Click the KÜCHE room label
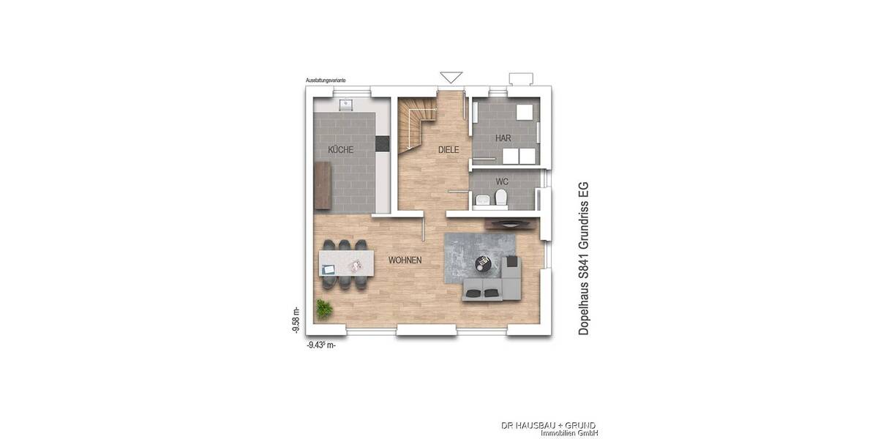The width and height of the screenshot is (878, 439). click(340, 150)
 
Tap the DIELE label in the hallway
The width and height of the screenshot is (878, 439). click(449, 150)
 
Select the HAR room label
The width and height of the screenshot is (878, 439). click(503, 138)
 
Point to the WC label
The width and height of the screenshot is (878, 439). click(502, 181)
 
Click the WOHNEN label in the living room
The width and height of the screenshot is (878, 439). click(405, 260)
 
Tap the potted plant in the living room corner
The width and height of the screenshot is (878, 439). click(323, 309)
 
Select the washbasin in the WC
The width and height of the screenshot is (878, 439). click(481, 200)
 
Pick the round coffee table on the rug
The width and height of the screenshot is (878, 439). click(484, 261)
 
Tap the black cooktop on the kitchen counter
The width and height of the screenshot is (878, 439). click(382, 144)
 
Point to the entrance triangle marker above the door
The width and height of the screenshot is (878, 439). click(451, 77)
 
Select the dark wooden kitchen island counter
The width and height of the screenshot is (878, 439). click(322, 186)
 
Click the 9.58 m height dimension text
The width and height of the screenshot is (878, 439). click(295, 320)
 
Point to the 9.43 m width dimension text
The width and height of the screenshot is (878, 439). click(321, 345)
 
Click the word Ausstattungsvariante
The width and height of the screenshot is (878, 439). click(326, 79)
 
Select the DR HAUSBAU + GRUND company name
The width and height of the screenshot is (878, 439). click(548, 425)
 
